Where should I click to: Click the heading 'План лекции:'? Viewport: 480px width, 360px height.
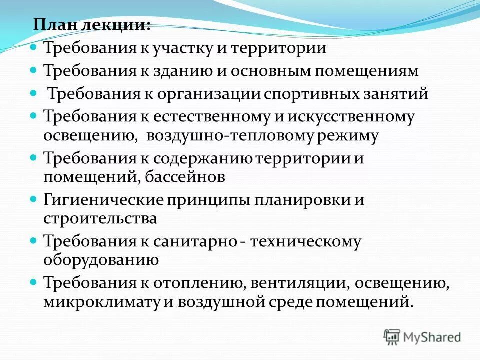point(92,25)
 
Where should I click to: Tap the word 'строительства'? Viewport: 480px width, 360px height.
point(100,218)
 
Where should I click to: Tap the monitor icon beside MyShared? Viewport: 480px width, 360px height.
point(392,336)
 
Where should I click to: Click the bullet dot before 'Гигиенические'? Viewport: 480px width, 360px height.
point(34,199)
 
